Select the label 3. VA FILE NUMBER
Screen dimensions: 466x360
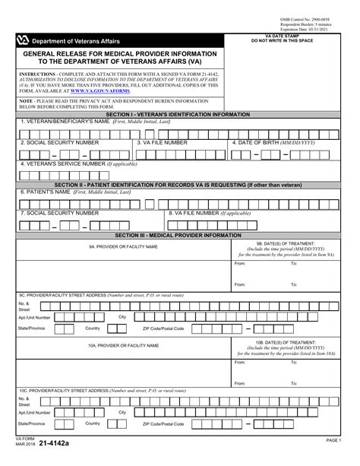[x=162, y=141]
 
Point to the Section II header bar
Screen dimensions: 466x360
[x=180, y=185]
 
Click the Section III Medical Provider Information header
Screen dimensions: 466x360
[x=180, y=236]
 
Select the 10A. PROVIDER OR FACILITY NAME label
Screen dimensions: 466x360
[x=122, y=345]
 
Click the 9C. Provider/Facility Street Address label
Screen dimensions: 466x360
[x=101, y=294]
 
